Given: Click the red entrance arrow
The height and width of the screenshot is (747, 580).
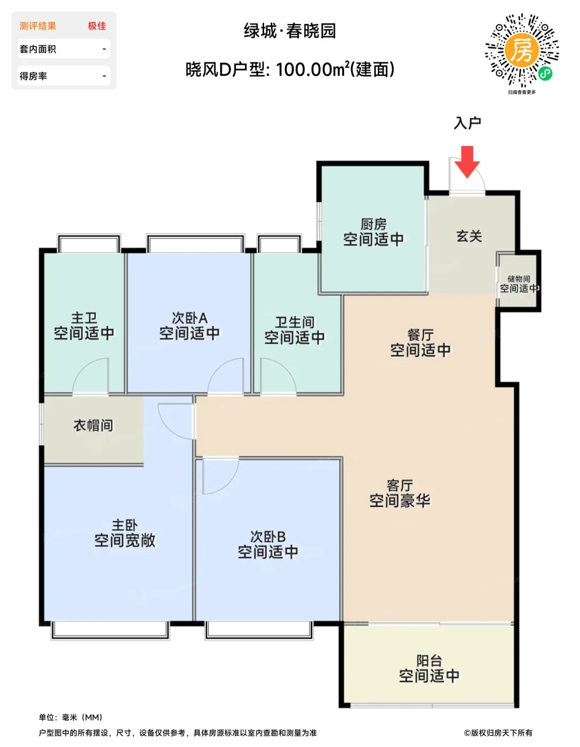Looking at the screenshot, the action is click(467, 162).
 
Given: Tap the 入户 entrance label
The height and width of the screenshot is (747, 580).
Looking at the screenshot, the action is click(467, 123).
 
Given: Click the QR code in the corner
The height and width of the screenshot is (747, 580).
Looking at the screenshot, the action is click(522, 50).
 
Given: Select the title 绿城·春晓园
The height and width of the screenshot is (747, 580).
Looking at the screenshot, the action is click(290, 31).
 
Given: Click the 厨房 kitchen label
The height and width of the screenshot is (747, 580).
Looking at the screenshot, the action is click(374, 224).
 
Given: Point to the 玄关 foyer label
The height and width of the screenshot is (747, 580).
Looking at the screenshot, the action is click(469, 236).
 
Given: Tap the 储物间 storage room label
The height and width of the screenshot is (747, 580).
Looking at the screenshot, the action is click(519, 279).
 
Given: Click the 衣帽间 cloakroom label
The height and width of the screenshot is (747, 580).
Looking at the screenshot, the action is click(93, 425).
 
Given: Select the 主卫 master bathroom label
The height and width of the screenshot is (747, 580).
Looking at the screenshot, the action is click(84, 318).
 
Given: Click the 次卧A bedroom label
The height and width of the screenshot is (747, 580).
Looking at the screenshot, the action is click(189, 318).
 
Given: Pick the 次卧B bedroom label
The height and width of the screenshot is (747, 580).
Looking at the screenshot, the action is click(268, 537).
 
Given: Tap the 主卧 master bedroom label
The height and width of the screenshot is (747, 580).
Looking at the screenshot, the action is click(125, 525).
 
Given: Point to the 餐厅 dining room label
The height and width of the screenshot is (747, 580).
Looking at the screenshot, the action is click(420, 335).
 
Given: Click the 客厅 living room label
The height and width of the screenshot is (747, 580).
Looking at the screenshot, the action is click(400, 486).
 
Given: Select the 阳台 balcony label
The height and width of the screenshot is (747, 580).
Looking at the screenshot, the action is click(429, 661).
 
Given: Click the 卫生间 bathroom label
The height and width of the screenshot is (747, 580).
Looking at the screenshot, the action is click(295, 322).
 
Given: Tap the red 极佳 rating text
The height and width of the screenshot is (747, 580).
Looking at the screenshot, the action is click(97, 26).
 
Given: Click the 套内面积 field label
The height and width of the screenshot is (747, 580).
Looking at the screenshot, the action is click(38, 49).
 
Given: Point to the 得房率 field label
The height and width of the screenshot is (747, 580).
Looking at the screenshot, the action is click(33, 76).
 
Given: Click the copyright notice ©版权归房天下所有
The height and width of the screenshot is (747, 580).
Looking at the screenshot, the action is click(498, 733).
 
